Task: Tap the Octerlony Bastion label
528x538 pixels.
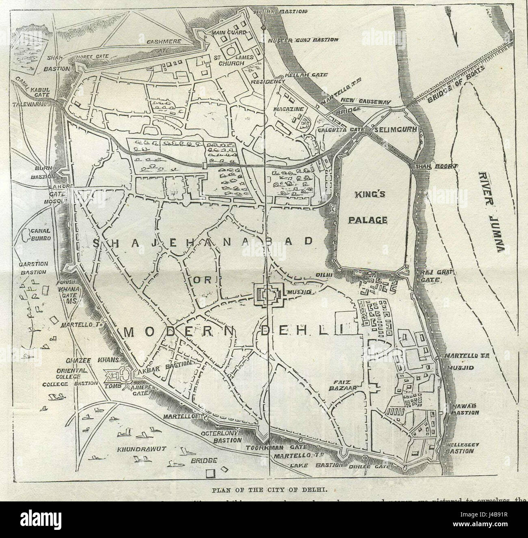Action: [222, 437]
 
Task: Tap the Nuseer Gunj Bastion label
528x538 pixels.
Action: [303, 40]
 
